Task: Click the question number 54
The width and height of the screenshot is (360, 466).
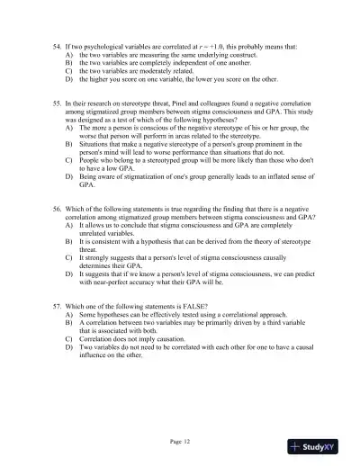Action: coord(57,44)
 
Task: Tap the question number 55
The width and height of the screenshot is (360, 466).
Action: coord(57,104)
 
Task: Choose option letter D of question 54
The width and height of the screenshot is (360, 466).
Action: coord(69,80)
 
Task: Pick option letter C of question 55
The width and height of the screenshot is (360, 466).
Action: coord(69,165)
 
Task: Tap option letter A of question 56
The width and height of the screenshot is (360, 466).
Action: coord(69,226)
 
